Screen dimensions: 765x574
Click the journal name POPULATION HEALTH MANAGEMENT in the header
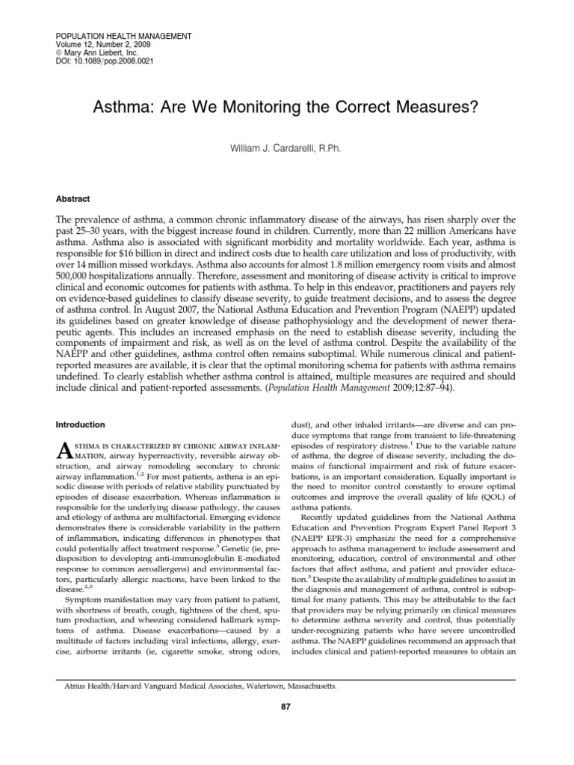(x=124, y=36)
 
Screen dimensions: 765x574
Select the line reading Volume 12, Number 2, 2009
(x=103, y=45)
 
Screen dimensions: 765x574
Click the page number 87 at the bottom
(x=285, y=729)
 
